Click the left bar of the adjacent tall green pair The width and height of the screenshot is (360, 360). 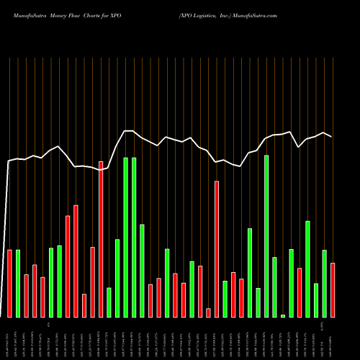[x=126, y=238]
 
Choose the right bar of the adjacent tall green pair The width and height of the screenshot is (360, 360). [x=134, y=238]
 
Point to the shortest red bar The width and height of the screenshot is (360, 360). [x=209, y=312]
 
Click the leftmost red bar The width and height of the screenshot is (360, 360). [x=10, y=283]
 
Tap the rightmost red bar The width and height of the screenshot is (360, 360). [x=333, y=289]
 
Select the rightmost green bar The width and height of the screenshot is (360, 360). [x=324, y=283]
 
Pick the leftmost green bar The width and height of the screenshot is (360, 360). [x=18, y=283]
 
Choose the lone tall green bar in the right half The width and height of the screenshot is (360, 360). [x=266, y=236]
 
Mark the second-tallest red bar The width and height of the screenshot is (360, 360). [x=217, y=248]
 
